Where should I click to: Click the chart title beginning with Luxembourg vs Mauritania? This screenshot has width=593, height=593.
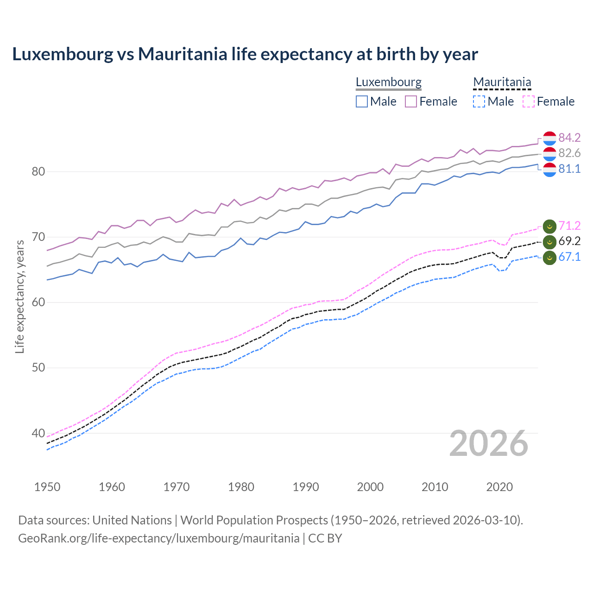(245, 54)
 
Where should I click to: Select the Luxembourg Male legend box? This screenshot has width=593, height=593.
(362, 101)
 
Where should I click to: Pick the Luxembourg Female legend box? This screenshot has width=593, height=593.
(411, 101)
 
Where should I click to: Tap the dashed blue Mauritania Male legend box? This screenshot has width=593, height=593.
(479, 101)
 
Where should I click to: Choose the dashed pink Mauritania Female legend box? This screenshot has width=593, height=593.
(528, 101)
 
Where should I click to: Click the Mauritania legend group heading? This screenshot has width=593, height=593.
(502, 82)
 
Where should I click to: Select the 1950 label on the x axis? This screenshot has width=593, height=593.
(47, 487)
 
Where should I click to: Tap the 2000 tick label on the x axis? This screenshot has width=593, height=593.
(370, 487)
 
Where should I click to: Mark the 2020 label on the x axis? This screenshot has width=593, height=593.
(499, 487)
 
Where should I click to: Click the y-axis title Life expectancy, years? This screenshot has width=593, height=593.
(19, 297)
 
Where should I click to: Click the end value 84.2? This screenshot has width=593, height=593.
(569, 138)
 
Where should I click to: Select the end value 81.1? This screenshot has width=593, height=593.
(569, 169)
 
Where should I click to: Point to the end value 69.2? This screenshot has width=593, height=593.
(569, 241)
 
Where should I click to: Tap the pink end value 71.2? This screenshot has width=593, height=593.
(569, 226)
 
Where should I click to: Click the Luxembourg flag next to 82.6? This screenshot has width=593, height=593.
(549, 153)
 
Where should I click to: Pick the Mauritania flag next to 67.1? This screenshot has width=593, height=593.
(549, 257)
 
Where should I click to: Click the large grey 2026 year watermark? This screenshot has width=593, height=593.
(489, 443)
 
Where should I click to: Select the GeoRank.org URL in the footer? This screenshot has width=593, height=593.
(158, 538)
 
